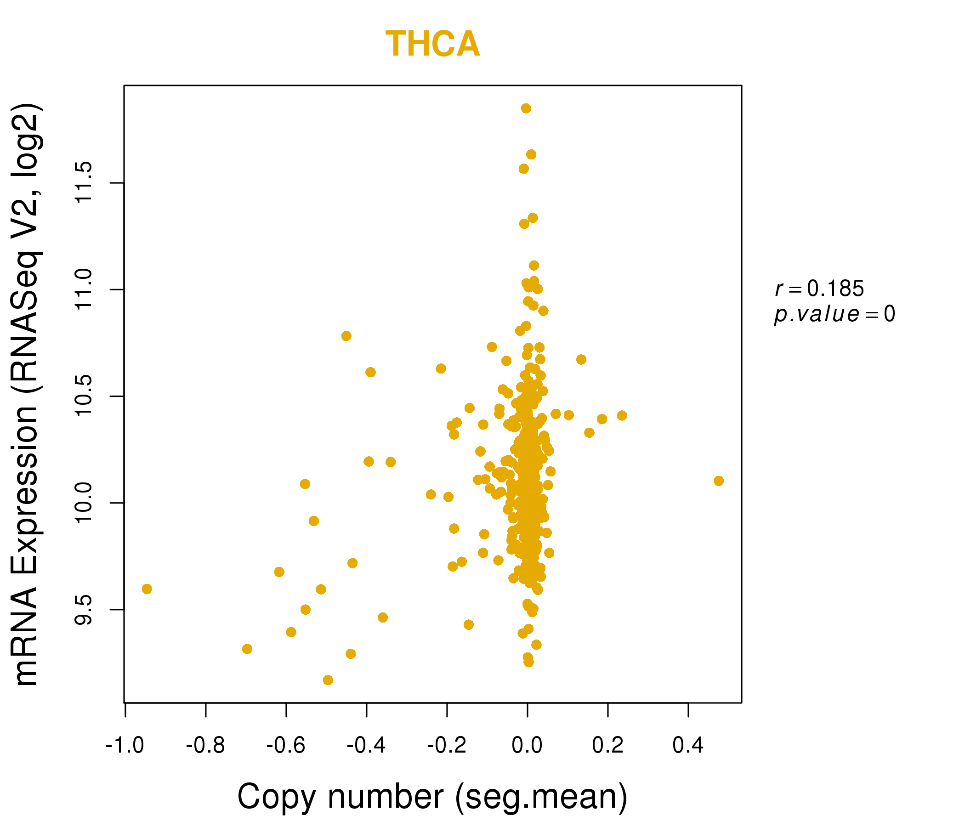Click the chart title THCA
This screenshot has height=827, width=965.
pos(432,44)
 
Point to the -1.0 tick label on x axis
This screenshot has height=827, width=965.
pos(125,746)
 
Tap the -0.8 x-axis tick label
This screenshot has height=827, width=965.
pos(205,746)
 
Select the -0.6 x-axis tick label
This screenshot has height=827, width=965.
pos(286,746)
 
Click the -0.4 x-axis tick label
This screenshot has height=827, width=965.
pos(367,746)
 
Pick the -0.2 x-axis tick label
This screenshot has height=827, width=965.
pos(447,746)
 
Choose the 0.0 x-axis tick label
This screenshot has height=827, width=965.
pos(527,746)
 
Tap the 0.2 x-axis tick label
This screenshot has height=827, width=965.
pos(608,746)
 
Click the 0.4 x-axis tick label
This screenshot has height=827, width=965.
pos(688,746)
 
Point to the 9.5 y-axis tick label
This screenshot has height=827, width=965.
pos(84,610)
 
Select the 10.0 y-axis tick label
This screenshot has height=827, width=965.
pos(84,503)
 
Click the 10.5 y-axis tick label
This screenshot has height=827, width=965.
pos(84,396)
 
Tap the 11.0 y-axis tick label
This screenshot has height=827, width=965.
pos(84,289)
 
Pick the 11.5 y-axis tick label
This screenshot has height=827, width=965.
pos(84,183)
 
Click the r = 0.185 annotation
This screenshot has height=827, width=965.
pos(819,289)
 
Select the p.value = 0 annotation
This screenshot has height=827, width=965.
pos(834,314)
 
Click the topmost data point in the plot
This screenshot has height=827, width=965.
pos(526,108)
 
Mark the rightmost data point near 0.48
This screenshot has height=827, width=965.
pos(719,481)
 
